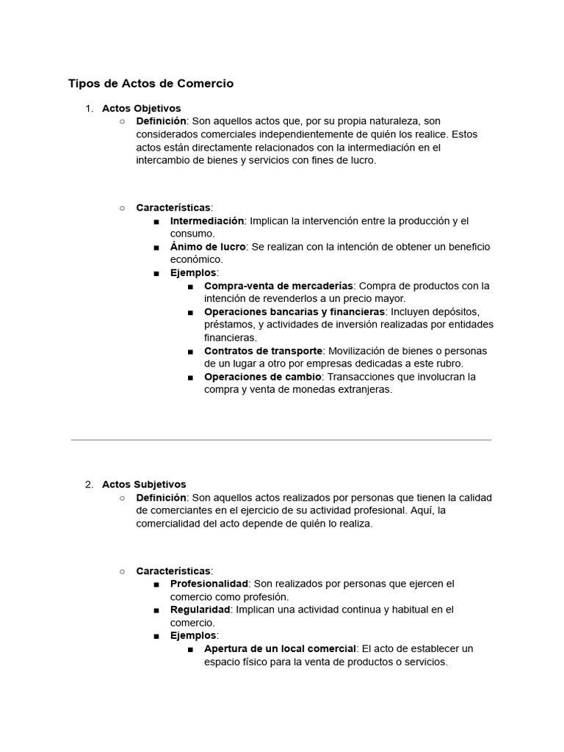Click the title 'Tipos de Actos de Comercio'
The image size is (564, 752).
click(x=151, y=84)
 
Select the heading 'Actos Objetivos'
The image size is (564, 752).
click(x=141, y=109)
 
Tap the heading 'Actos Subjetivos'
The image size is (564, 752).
click(x=144, y=485)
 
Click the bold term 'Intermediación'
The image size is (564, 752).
click(x=207, y=221)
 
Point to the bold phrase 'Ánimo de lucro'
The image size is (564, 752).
click(x=208, y=247)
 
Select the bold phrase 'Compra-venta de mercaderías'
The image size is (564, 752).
click(x=278, y=286)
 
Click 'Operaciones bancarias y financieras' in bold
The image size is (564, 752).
click(x=294, y=312)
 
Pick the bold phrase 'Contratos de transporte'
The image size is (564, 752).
click(x=264, y=351)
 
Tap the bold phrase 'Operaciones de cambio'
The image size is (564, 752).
click(x=263, y=377)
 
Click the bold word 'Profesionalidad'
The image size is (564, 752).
click(x=209, y=584)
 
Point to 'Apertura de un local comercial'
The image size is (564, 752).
click(x=280, y=648)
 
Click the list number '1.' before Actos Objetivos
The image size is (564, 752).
click(x=89, y=109)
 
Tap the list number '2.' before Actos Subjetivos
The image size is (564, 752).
click(x=89, y=485)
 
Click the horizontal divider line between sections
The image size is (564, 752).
click(x=281, y=440)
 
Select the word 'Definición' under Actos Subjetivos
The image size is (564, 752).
click(x=162, y=498)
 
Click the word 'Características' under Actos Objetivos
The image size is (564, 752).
click(x=173, y=208)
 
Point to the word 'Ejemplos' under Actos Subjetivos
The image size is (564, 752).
click(x=193, y=635)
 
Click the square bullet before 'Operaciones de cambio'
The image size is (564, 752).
click(x=190, y=377)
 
